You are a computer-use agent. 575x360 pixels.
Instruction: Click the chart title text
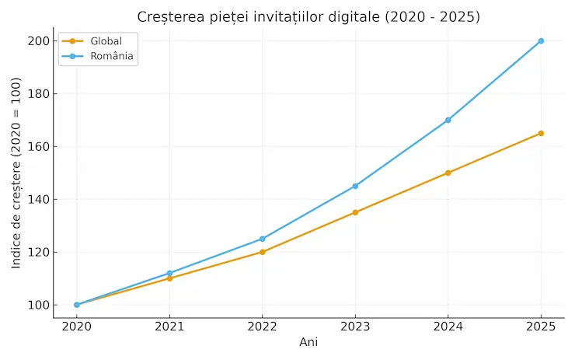308,16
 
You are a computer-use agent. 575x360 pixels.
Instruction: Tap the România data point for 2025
541,41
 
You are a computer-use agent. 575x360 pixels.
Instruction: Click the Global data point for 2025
541,134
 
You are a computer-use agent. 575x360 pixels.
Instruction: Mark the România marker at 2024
448,120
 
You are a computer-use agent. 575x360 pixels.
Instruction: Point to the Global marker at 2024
448,173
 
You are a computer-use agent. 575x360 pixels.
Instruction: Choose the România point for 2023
355,186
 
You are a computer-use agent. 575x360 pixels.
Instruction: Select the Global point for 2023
355,212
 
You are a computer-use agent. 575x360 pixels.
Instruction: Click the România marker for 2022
263,239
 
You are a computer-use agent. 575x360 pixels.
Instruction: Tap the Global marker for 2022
263,252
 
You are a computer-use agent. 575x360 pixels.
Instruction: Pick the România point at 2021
169,273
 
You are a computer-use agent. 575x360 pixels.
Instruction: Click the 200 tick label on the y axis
36,41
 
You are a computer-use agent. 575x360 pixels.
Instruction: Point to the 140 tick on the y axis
36,199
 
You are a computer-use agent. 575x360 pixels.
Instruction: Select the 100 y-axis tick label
36,305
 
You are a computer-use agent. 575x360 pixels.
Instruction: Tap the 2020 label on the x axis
76,327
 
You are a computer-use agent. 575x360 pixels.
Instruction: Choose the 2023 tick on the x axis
355,327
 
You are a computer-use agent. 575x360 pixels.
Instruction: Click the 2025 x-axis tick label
541,327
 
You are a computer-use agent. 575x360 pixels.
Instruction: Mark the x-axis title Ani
308,342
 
